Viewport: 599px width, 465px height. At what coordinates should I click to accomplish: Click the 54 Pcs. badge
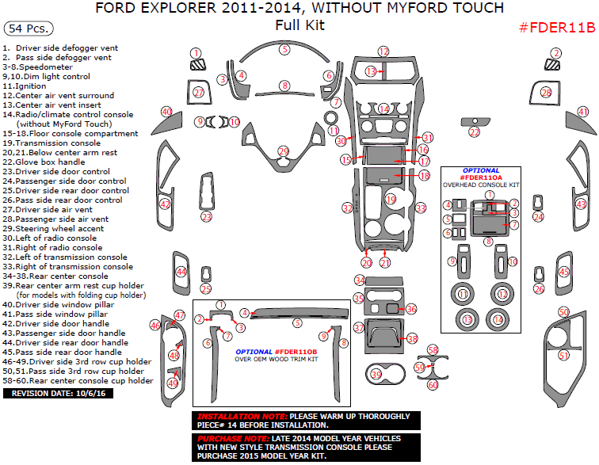point(29,29)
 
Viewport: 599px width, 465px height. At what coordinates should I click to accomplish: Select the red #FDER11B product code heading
point(556,29)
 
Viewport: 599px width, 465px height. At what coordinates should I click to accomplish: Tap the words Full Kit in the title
point(299,25)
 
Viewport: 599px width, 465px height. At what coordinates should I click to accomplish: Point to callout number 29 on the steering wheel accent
point(284,151)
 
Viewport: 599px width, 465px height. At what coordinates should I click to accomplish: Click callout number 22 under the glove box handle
point(474,132)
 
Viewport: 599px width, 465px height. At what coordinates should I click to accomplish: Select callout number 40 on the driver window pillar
point(166,112)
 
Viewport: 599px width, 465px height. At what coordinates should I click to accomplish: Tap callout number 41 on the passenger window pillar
point(583,112)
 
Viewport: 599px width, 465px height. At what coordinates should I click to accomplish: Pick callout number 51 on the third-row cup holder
point(564,356)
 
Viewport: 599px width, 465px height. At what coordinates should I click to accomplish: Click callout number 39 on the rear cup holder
point(377,372)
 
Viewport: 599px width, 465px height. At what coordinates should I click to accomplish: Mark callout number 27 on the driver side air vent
point(200,93)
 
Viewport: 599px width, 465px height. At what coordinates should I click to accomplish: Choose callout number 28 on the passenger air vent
point(545,93)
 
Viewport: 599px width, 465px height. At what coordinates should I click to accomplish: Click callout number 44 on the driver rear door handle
point(181,272)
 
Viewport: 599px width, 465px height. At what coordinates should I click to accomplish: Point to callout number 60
point(433,384)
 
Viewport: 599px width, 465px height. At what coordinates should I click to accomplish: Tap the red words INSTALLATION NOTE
point(242,417)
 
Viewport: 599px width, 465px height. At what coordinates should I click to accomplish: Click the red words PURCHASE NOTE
point(231,438)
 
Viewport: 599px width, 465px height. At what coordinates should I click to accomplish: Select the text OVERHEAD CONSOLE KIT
point(481,184)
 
